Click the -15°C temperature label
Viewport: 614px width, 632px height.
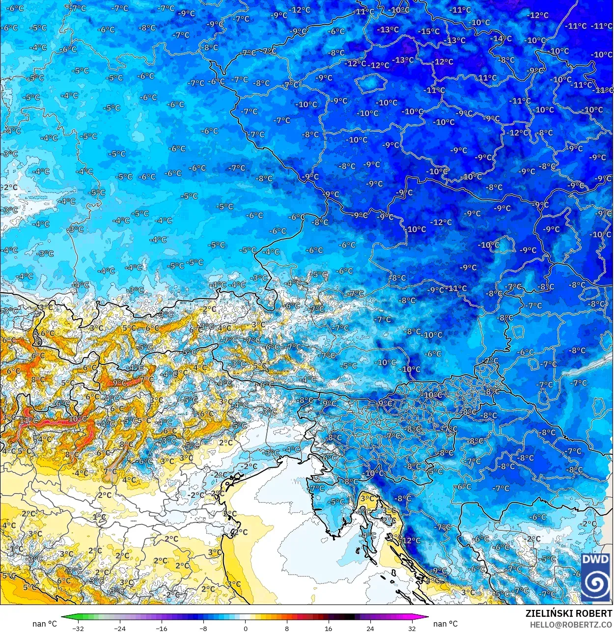429,31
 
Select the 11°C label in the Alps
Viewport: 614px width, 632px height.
28,420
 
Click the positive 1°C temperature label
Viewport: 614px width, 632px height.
99,517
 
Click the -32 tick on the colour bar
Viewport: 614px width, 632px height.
78,628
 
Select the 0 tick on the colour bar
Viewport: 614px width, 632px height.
245,628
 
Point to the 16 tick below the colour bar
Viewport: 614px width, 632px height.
328,628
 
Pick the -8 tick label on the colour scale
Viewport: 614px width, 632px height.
203,628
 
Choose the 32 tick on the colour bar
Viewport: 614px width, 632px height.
412,628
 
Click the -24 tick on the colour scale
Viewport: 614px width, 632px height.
119,628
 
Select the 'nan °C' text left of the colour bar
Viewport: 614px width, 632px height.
45,624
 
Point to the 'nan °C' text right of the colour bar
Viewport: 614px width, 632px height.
445,624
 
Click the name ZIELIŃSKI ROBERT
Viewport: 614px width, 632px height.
569,613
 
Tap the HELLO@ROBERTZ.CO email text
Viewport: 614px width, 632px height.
571,625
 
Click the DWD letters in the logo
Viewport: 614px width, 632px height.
595,559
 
